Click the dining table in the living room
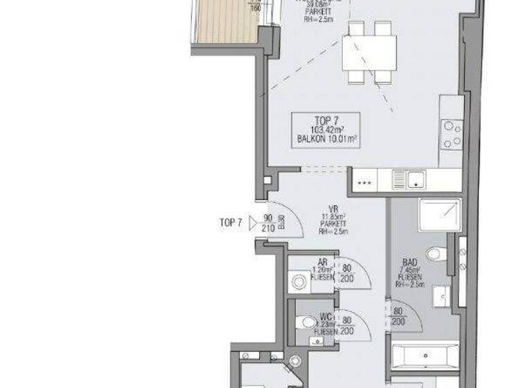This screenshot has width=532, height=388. pos(369,52)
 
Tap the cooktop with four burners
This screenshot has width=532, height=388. pos(452,134)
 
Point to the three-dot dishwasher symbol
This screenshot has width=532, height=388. pos(364,184)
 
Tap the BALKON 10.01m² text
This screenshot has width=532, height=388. pos(327,139)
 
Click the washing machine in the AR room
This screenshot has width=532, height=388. pos(299,281)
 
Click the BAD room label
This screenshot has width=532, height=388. pos(409,263)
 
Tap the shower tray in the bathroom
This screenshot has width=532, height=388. pos(438,215)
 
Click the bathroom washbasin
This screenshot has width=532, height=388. pos(441,296)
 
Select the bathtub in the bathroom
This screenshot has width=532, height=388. pos(424,355)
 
